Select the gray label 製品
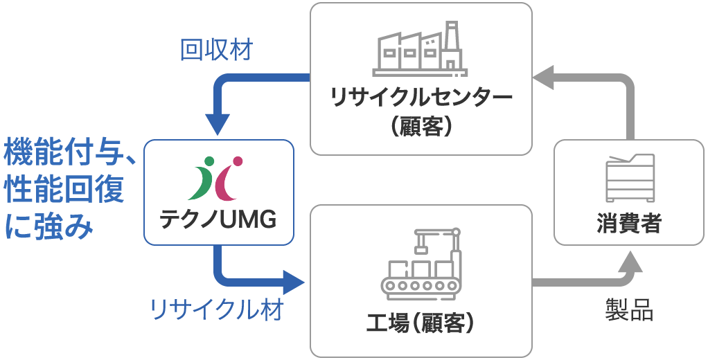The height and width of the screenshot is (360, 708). point(628,310)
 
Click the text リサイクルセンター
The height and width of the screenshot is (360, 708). point(421,96)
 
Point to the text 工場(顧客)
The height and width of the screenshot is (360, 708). point(420,323)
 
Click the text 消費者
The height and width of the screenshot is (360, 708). point(629,224)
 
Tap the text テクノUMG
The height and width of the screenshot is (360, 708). point(218,219)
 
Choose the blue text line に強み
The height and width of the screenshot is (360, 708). point(48,227)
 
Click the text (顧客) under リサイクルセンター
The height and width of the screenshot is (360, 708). point(421,127)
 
